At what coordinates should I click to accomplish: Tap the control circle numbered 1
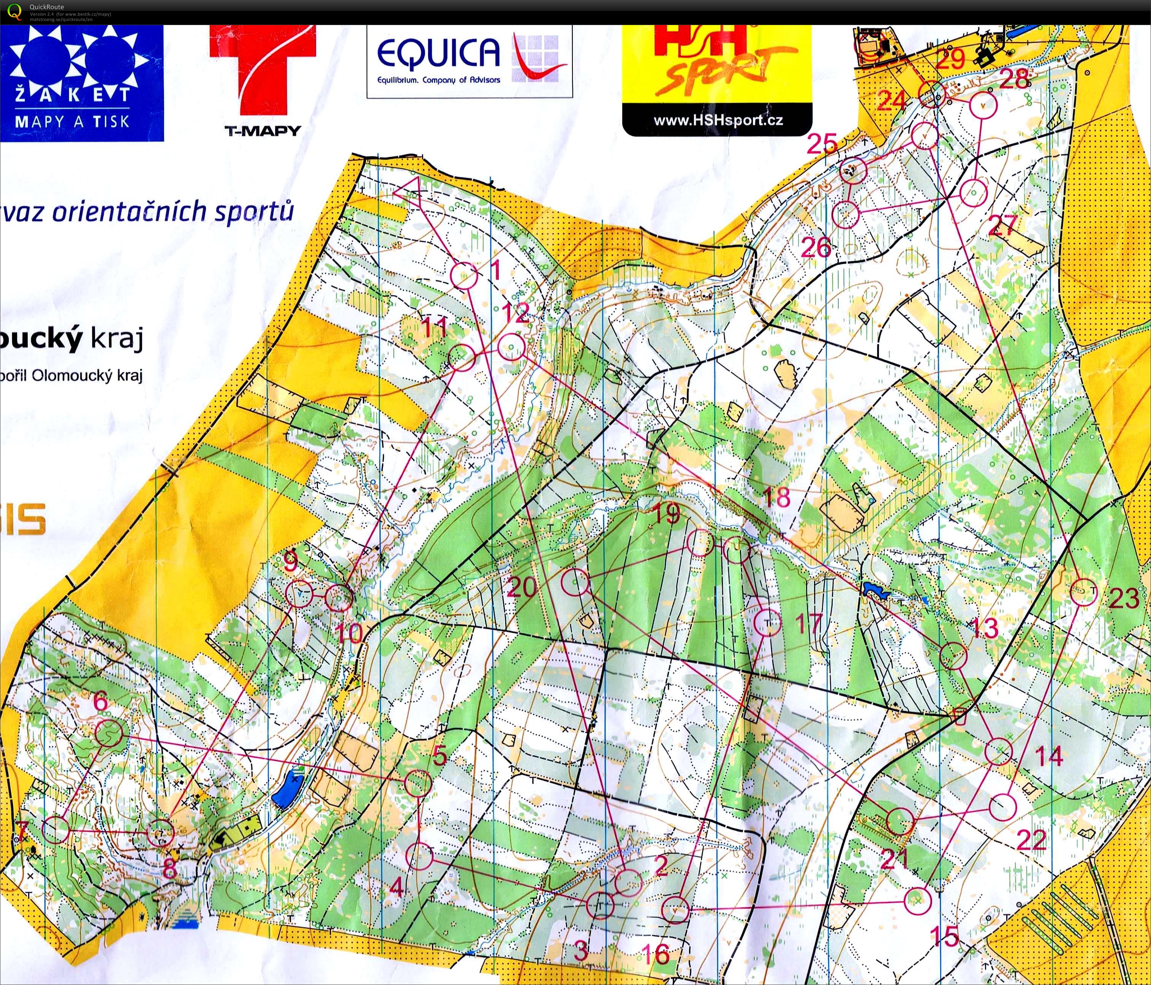463,275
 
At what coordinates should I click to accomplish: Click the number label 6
101,702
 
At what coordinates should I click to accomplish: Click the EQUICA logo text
438,53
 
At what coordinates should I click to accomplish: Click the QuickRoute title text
47,7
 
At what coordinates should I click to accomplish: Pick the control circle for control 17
768,623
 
